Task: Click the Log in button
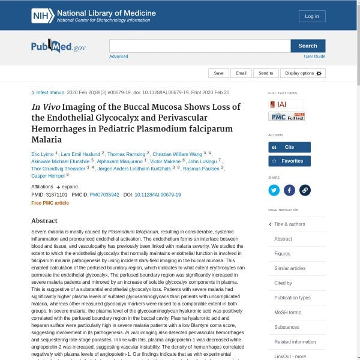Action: click(312, 16)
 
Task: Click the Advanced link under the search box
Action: click(118, 56)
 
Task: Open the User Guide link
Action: click(314, 56)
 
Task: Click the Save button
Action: click(218, 73)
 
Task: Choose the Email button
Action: click(241, 73)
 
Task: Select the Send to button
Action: click(266, 73)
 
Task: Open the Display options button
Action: click(303, 73)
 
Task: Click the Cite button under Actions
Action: click(289, 147)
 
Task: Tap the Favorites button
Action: click(289, 161)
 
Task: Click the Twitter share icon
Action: click(274, 190)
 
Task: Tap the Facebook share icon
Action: click(289, 190)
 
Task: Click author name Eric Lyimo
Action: click(42, 154)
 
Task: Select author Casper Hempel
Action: click(47, 176)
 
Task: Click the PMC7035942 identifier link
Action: click(104, 195)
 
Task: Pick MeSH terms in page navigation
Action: click(287, 313)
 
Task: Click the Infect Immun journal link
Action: click(50, 93)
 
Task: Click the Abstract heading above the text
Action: click(44, 221)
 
